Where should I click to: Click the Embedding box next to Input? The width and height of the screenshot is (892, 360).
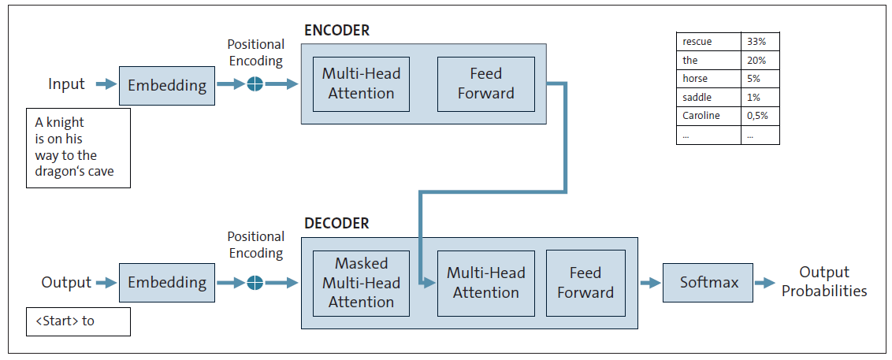coord(167,85)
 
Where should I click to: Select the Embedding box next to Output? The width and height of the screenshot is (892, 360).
coord(167,282)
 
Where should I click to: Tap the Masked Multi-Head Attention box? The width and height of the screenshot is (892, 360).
coord(362,283)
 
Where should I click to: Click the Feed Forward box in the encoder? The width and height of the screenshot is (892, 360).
coord(486,84)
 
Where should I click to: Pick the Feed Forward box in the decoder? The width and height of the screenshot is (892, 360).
coord(585,283)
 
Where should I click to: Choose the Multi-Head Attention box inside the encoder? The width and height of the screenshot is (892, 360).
coord(361,84)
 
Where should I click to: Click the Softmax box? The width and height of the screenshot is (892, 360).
coord(708,282)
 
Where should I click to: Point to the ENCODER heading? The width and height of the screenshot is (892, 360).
coord(336,31)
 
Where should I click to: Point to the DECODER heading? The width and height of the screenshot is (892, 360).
coord(336,223)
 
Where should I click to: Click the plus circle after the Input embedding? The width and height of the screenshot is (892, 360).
coord(255,84)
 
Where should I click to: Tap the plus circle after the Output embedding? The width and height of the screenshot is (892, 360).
coord(255,282)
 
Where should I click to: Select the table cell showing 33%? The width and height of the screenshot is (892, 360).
coord(760,42)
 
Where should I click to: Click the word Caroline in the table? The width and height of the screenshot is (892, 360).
coord(701,116)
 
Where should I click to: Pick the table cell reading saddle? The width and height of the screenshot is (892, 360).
coord(697,97)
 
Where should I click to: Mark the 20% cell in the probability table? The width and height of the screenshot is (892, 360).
coord(760,61)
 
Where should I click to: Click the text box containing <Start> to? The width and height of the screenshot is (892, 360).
coord(78,321)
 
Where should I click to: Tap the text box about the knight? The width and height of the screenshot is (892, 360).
coord(78,147)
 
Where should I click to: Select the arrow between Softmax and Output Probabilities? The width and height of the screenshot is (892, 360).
coord(764,282)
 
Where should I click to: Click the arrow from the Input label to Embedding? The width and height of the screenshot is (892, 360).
coord(106,84)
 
